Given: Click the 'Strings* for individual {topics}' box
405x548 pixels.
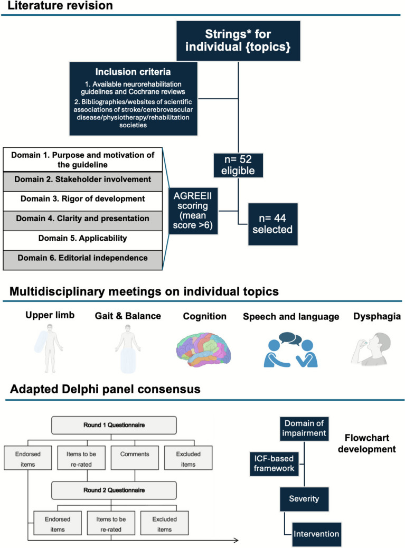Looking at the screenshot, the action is click(238, 41).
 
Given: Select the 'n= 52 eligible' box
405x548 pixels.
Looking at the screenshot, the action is click(238, 165).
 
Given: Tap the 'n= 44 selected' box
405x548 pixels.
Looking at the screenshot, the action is click(272, 224).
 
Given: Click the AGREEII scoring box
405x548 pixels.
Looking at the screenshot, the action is click(193, 211).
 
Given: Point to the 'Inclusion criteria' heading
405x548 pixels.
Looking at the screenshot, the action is click(133, 72).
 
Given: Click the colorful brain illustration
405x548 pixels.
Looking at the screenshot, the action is click(203, 349).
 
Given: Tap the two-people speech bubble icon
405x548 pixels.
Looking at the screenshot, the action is click(290, 349).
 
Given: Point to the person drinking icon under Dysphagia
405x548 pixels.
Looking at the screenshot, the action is click(371, 349).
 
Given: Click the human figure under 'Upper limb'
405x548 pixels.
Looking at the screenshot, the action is click(49, 348).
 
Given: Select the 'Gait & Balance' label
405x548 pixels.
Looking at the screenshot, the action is click(128, 316).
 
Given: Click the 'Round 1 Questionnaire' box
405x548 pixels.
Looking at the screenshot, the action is click(114, 425).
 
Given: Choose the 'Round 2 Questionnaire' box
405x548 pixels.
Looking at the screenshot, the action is click(114, 490).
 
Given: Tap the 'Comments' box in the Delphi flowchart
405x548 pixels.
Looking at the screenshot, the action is click(135, 458).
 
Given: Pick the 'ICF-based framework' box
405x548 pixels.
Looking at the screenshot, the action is click(274, 464).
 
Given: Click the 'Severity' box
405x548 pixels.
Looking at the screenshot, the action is click(304, 499).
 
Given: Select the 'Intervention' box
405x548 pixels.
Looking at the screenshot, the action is click(316, 534).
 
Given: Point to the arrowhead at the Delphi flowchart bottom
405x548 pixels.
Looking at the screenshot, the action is click(236, 540).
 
